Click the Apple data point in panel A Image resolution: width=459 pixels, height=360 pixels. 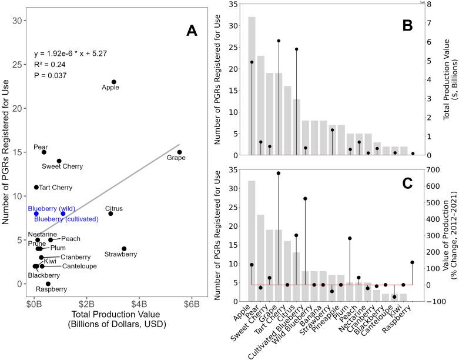[x=114, y=82]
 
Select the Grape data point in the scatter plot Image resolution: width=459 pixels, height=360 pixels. [x=179, y=152]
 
